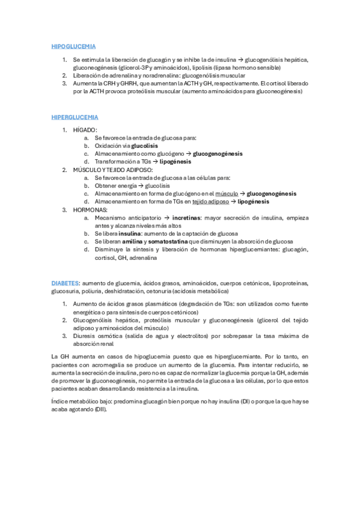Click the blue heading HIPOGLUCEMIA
(74, 46)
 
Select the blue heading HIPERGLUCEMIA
(75, 117)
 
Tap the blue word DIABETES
(66, 282)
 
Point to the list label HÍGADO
(85, 130)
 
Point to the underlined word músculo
(227, 194)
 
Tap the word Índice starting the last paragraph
(61, 401)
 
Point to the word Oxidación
(108, 146)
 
